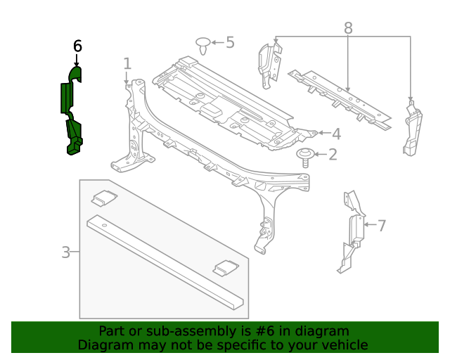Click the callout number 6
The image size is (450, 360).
click(x=77, y=46)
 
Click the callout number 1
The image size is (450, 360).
click(x=127, y=64)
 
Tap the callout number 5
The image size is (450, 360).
click(x=230, y=42)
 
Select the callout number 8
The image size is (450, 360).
click(x=347, y=28)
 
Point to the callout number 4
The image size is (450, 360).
click(x=336, y=134)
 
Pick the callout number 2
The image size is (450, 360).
click(x=332, y=154)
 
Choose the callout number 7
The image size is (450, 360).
click(x=382, y=226)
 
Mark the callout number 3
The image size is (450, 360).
click(x=65, y=252)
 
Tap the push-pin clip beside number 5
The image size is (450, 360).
click(x=203, y=46)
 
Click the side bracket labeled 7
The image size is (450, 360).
click(x=351, y=232)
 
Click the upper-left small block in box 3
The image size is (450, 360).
click(x=104, y=198)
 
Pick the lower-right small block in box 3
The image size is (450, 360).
click(x=226, y=267)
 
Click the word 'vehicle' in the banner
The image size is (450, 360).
click(x=342, y=345)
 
